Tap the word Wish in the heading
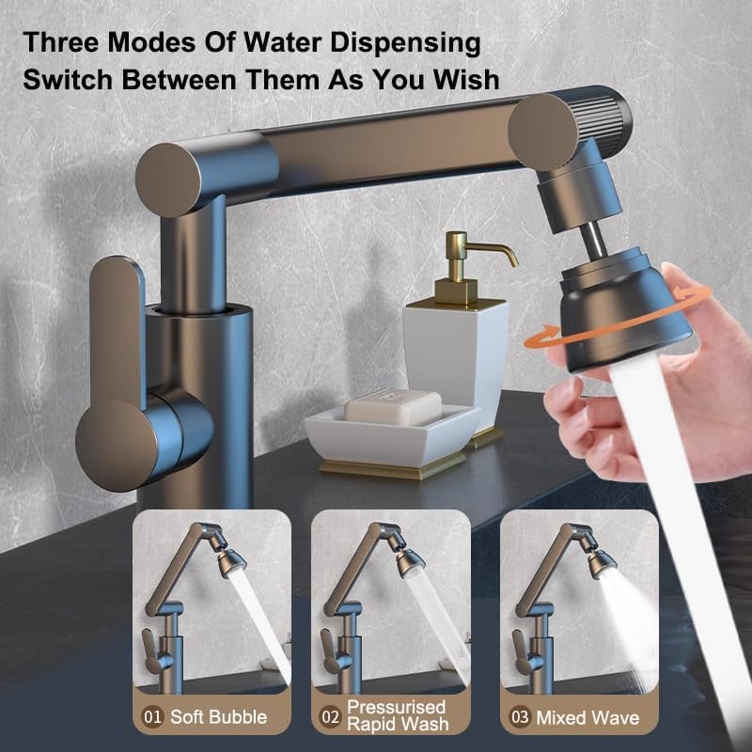pyautogui.click(x=466, y=79)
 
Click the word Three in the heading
pyautogui.click(x=62, y=41)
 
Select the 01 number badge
pyautogui.click(x=152, y=717)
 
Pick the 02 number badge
pyautogui.click(x=331, y=717)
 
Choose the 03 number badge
pyautogui.click(x=520, y=717)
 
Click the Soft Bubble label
pyautogui.click(x=219, y=717)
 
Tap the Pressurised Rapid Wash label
pyautogui.click(x=398, y=715)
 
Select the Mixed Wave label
pyautogui.click(x=587, y=717)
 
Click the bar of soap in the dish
pyautogui.click(x=393, y=408)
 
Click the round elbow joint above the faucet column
pyautogui.click(x=168, y=180)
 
